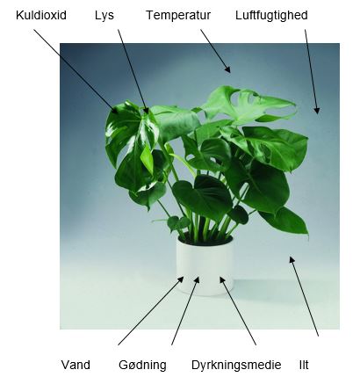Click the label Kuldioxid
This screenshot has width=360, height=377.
pos(41,15)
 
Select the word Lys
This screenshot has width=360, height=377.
pos(104,16)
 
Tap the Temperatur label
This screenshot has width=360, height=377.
pos(178,16)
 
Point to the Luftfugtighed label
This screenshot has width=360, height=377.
pos(271,16)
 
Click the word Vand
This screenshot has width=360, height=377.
pos(76,365)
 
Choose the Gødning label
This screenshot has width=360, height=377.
pos(142,366)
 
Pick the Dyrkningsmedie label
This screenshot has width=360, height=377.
pos(236,366)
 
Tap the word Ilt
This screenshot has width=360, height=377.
pos(304,365)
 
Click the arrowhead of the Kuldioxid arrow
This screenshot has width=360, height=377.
pos(115,111)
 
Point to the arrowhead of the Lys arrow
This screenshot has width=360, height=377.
pos(147,111)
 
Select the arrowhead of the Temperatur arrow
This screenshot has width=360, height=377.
pos(227,69)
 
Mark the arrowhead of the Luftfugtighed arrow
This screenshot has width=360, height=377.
pos(317,110)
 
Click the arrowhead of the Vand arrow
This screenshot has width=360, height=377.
pos(180,279)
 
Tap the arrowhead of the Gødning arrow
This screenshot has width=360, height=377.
pos(197,279)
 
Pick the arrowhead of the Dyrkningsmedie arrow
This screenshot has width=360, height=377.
pos(222,280)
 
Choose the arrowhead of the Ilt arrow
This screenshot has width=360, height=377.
pos(292,259)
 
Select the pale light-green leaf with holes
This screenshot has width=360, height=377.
pos(248,104)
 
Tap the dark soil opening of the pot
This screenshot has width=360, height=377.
pos(205,240)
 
